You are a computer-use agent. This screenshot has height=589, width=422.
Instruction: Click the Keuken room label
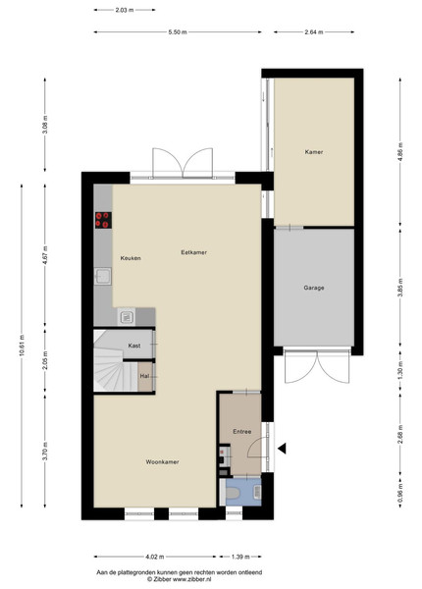(x=131, y=258)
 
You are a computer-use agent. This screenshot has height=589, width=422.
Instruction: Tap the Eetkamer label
(x=193, y=252)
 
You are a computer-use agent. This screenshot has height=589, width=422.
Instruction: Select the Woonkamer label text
(x=162, y=462)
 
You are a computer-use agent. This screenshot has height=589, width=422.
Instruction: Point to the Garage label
(x=314, y=288)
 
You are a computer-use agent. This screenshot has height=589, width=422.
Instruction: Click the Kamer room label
(x=314, y=152)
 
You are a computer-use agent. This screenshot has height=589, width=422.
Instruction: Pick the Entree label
(x=242, y=432)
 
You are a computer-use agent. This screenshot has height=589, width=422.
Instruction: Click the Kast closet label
(x=134, y=346)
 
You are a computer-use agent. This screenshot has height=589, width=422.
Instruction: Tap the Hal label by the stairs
(x=144, y=376)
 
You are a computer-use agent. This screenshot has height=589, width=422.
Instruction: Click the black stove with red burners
(x=103, y=220)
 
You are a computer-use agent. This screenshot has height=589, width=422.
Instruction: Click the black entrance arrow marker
(x=282, y=449)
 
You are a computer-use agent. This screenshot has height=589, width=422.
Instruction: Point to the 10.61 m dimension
(x=22, y=346)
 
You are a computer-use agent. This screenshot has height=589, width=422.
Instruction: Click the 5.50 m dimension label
(x=178, y=32)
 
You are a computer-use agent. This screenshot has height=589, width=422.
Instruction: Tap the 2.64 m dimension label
(x=314, y=32)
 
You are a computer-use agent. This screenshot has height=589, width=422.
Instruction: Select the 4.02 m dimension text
(x=155, y=557)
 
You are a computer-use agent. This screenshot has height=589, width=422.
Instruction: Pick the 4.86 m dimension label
(x=400, y=152)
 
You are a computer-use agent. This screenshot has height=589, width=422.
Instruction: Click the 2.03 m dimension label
(x=125, y=10)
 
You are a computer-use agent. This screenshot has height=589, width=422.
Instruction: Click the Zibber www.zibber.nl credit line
(x=179, y=579)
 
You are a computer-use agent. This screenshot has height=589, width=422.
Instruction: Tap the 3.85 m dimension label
(x=400, y=288)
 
